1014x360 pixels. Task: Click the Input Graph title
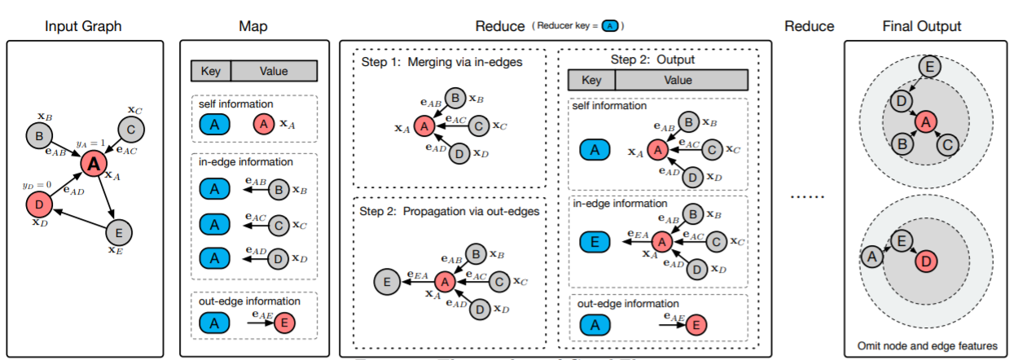(84, 26)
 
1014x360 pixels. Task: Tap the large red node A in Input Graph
(94, 165)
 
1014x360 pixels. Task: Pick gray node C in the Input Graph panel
(130, 130)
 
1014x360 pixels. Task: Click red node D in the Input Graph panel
(40, 203)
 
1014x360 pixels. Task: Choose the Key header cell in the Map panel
(211, 71)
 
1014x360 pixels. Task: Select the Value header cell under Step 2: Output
(681, 80)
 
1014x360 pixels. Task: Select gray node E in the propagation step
(386, 282)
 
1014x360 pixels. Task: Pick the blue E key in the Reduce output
(595, 240)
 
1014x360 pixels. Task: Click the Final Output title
(921, 26)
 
